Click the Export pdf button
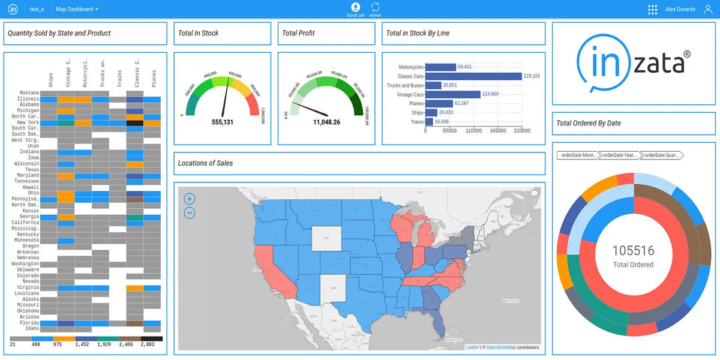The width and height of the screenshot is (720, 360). pyautogui.click(x=355, y=9)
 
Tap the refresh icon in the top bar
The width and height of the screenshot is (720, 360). pyautogui.click(x=376, y=9)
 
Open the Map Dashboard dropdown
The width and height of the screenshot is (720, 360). pyautogui.click(x=77, y=10)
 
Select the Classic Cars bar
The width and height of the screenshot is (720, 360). pyautogui.click(x=473, y=76)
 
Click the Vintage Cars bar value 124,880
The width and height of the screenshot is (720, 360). pyautogui.click(x=491, y=94)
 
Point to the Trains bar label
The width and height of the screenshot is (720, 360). pyautogui.click(x=417, y=122)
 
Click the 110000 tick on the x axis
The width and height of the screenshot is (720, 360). pyautogui.click(x=474, y=130)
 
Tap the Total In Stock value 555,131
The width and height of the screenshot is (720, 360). pyautogui.click(x=223, y=122)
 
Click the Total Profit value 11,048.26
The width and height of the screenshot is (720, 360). pyautogui.click(x=326, y=122)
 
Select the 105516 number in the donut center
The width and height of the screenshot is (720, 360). pyautogui.click(x=633, y=251)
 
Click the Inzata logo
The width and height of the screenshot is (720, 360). pyautogui.click(x=633, y=64)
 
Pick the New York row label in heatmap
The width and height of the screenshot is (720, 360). pyautogui.click(x=28, y=122)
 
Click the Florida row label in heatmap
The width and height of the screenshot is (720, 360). pyautogui.click(x=30, y=323)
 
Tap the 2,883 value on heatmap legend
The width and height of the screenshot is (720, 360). pyautogui.click(x=148, y=345)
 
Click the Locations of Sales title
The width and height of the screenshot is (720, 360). pyautogui.click(x=205, y=163)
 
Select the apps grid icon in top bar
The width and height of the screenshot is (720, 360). pyautogui.click(x=652, y=10)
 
